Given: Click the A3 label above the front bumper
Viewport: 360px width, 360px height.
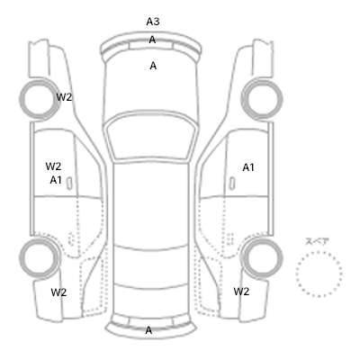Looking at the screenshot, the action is pos(153,22).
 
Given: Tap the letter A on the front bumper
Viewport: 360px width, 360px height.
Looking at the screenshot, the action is pos(152,40).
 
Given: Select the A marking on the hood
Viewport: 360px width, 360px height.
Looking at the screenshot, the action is pos(153,66).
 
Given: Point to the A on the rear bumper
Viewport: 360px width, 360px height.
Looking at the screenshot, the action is pos(148,330).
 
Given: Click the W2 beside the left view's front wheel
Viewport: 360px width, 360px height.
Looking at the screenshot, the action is pos(64,97).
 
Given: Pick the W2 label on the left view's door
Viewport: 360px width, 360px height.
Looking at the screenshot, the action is pos(53,166).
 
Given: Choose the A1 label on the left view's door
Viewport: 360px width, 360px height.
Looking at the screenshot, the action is pos(56,180).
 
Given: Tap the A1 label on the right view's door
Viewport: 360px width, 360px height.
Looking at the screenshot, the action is pos(248,167).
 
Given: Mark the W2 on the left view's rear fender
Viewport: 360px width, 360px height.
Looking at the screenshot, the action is pos(58,292).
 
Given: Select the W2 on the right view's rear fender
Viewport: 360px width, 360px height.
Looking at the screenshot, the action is pos(241,292).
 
